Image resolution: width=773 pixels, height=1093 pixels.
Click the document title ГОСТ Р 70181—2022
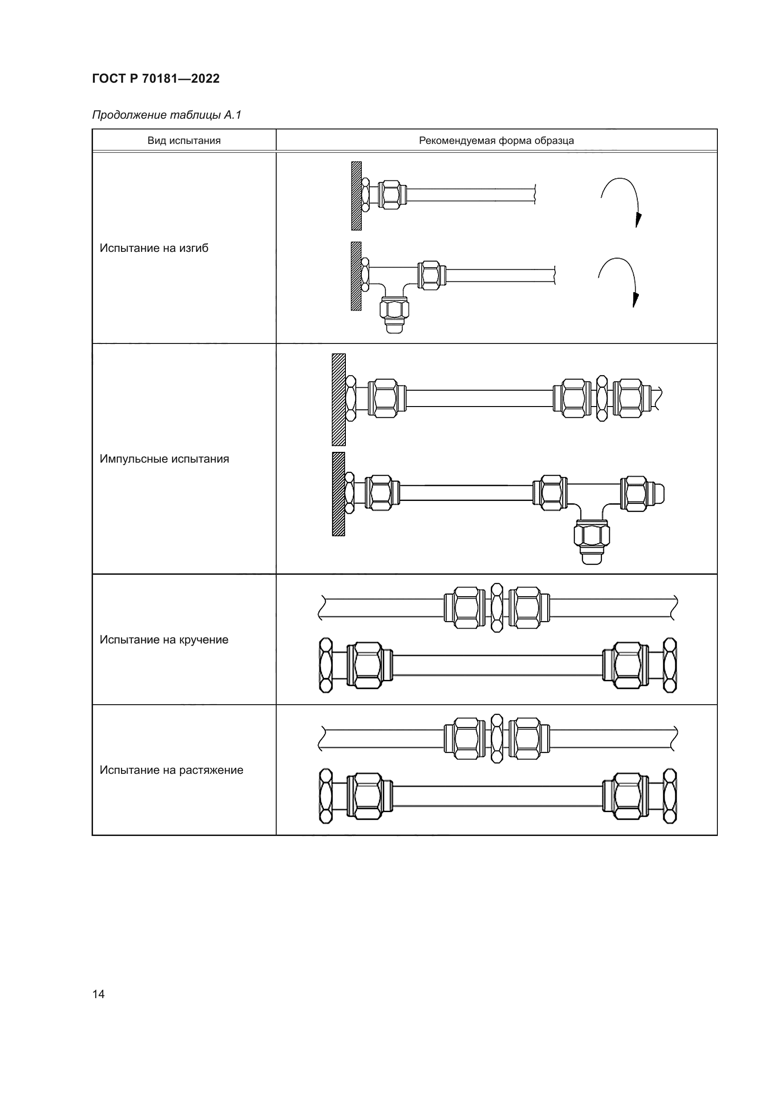click(x=156, y=79)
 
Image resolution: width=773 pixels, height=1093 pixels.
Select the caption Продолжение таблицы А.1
click(x=166, y=115)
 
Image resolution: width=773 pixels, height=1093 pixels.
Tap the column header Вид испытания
click(x=184, y=141)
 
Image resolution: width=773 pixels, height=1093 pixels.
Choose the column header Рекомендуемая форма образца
click(x=496, y=141)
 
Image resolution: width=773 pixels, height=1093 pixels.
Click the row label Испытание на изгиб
click(x=154, y=248)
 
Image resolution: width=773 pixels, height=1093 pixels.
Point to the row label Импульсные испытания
click(x=164, y=459)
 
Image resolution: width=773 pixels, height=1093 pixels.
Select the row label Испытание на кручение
click(x=164, y=639)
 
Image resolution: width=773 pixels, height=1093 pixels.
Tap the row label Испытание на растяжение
click(x=172, y=770)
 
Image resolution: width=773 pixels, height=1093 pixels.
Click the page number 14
click(x=99, y=994)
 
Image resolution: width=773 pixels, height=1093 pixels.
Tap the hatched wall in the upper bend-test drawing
click(x=356, y=196)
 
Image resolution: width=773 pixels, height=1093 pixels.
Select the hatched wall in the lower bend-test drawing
click(x=356, y=276)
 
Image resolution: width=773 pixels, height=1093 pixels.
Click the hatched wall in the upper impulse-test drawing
click(x=338, y=400)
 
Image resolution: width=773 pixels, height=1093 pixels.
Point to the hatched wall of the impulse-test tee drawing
click(x=338, y=493)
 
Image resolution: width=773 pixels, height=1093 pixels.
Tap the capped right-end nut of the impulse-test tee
click(x=642, y=493)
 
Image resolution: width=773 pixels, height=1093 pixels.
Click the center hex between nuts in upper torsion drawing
click(x=496, y=607)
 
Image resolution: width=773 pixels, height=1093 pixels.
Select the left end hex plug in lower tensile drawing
click(x=326, y=796)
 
